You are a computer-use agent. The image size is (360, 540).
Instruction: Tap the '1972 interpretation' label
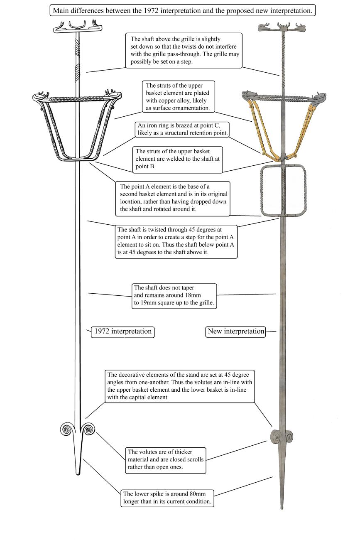pos(122,331)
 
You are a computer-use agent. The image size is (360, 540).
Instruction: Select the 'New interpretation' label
pos(235,331)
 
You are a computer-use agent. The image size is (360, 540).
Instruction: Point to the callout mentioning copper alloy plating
pos(179,97)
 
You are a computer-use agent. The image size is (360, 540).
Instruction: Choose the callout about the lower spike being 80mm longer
pos(167,498)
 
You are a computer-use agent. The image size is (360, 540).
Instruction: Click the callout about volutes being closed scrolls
pos(166,459)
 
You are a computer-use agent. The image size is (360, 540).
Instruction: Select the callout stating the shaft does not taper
pos(174,296)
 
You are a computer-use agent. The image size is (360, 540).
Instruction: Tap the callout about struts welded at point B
pos(177,159)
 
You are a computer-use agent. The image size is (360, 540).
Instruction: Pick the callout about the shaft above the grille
pos(184,51)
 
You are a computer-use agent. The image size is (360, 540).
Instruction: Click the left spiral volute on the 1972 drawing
pos(66,430)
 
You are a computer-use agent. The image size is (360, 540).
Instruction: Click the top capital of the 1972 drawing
pos(78,28)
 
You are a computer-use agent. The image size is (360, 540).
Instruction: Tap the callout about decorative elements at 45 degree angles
pos(180,386)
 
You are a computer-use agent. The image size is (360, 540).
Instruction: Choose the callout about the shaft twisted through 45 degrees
pos(176,241)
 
